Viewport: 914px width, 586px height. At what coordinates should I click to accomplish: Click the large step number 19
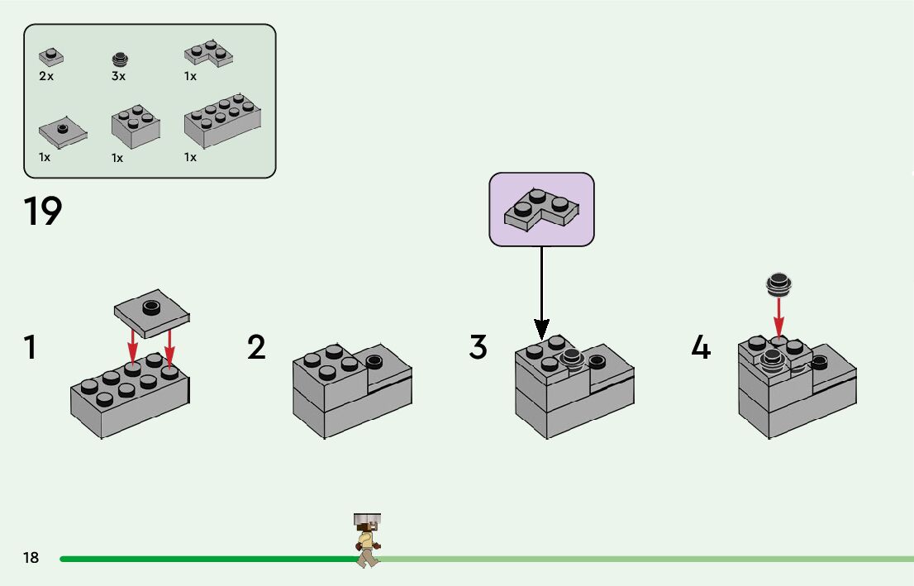[42, 211]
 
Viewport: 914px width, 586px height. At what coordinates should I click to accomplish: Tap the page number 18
[31, 557]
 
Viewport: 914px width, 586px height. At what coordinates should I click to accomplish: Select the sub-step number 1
[30, 347]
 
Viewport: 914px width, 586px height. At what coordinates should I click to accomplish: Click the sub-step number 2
[256, 347]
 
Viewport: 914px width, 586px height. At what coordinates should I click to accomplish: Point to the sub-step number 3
[478, 347]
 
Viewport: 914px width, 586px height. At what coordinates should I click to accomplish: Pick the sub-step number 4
[701, 347]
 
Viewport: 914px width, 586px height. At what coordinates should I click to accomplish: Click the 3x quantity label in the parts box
[118, 76]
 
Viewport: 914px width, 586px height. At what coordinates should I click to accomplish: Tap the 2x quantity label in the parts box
[46, 76]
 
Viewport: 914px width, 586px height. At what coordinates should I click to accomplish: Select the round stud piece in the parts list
[120, 59]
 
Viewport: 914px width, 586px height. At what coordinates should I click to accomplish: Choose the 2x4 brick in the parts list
[222, 120]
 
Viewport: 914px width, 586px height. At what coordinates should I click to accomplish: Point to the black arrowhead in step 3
[542, 330]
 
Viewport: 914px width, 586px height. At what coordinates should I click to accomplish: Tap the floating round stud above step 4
[778, 284]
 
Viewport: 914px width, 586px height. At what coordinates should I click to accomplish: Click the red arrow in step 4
[778, 317]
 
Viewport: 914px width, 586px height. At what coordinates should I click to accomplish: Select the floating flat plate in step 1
[151, 313]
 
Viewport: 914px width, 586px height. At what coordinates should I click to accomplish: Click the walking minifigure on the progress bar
[367, 541]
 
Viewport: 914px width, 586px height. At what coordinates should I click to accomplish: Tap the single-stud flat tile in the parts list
[62, 133]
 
